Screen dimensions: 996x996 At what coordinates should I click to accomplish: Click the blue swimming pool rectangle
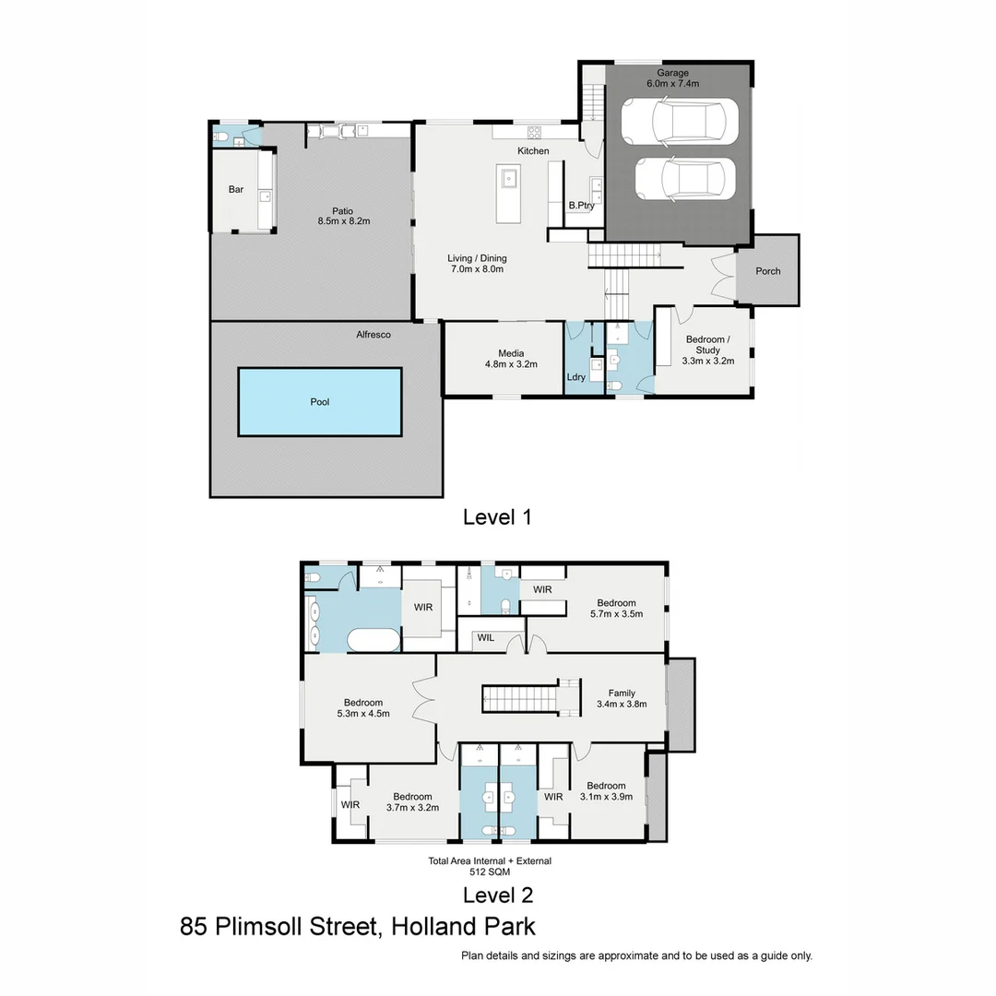coord(320,402)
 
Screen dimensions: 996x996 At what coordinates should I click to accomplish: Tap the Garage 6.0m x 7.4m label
coord(672,77)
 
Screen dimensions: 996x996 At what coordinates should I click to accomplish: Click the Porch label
coord(767,271)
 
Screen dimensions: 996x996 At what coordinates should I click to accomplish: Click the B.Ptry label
coord(581,205)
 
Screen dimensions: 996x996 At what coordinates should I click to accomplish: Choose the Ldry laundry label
coord(576,377)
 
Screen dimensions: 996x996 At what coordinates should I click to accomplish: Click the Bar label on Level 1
coord(236,190)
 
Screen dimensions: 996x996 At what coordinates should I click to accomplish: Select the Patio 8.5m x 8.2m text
coord(343,216)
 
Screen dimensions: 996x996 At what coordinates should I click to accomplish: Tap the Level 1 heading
coord(497,517)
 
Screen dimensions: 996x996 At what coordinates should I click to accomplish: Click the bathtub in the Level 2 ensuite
coord(373,640)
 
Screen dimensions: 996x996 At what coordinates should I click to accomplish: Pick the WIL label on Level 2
coord(485,637)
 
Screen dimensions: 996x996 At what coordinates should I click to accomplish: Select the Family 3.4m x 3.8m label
coord(622,698)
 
